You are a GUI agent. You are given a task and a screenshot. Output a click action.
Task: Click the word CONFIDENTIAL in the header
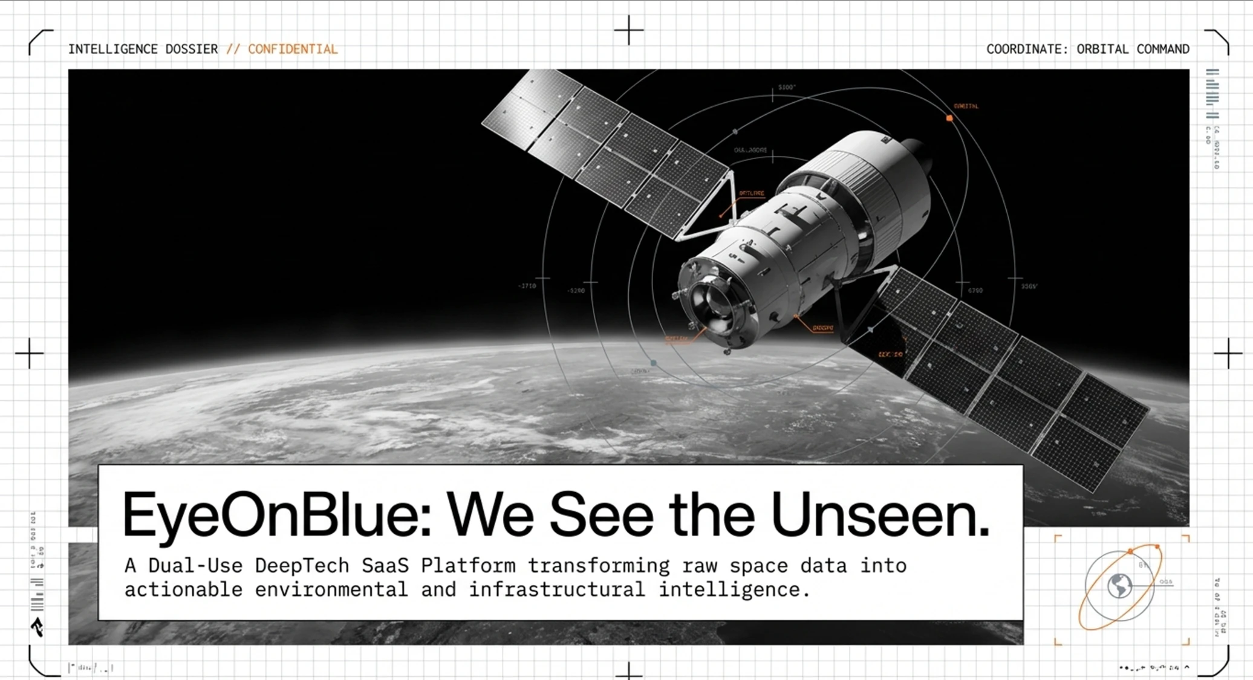293,49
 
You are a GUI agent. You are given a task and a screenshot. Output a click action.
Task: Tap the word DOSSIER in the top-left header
192,49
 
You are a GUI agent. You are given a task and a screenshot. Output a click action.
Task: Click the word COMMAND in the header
1163,49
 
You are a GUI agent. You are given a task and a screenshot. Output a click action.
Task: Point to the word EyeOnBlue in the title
276,516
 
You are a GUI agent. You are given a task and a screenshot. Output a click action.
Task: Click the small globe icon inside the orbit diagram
1119,586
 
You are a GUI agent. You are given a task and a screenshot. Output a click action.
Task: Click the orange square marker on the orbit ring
949,118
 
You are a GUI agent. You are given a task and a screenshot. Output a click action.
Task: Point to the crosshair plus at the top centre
629,30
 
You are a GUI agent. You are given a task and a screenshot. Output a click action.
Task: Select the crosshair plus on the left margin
30,353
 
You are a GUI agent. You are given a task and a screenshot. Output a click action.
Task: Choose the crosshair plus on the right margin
1228,353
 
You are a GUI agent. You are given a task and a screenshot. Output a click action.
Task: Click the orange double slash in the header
233,49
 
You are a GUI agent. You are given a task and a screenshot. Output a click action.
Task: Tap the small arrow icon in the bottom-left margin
37,627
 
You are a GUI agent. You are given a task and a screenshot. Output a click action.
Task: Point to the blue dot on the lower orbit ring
653,363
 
